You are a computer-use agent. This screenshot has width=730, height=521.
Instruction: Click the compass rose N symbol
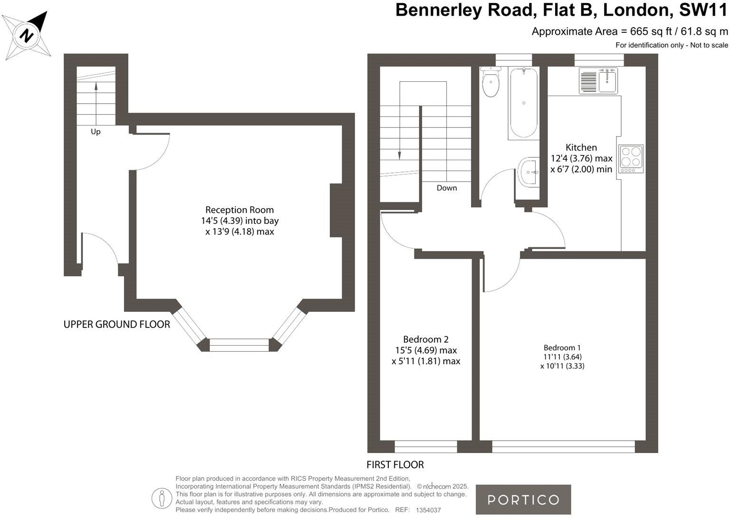[x=26, y=35]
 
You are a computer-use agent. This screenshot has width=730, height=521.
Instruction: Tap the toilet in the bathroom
[x=490, y=82]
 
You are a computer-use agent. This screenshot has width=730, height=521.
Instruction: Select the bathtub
[x=524, y=103]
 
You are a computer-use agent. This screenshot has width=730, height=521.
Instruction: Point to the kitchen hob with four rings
[x=631, y=159]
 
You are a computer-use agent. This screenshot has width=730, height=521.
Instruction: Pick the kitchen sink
[x=599, y=81]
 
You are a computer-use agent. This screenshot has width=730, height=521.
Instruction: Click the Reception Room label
[x=240, y=210]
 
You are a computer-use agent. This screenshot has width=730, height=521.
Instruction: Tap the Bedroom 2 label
[x=426, y=339]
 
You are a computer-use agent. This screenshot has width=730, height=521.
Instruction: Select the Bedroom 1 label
[x=562, y=347]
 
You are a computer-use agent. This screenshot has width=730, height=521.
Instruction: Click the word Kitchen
[x=581, y=147]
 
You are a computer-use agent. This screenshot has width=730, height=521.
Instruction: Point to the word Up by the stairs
[x=96, y=132]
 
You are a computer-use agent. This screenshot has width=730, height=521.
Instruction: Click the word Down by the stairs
[x=447, y=188]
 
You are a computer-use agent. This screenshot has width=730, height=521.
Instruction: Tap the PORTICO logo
[x=523, y=500]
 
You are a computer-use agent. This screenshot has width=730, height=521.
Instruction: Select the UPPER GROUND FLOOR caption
[x=116, y=324]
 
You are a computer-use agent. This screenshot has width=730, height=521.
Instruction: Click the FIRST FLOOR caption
[x=395, y=464]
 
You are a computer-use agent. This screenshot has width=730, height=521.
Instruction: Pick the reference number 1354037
[x=428, y=510]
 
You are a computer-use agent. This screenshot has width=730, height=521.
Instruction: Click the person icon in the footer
[x=162, y=499]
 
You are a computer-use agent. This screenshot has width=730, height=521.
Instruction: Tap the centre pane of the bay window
[x=239, y=345]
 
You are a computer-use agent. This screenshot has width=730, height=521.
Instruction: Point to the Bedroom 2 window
[x=426, y=447]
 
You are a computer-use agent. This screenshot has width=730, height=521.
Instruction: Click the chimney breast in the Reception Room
[x=336, y=211]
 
